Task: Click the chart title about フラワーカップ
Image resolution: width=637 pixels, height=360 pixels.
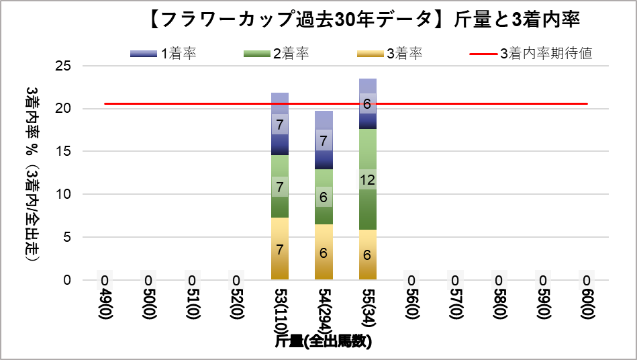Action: point(362,20)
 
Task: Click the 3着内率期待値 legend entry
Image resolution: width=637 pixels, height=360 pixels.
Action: point(530,54)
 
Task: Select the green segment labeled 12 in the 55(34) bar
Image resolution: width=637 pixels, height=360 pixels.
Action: point(367,179)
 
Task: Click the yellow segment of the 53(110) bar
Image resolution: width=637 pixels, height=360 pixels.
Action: point(280,249)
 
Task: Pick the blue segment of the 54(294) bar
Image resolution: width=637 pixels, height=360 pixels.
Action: point(324,140)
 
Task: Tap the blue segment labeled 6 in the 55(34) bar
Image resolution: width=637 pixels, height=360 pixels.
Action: point(367,104)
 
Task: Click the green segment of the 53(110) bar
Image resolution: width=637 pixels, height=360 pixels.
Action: point(280,187)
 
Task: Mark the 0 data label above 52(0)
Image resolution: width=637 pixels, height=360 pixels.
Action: point(236,280)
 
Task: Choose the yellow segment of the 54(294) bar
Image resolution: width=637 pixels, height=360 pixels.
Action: point(324,252)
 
